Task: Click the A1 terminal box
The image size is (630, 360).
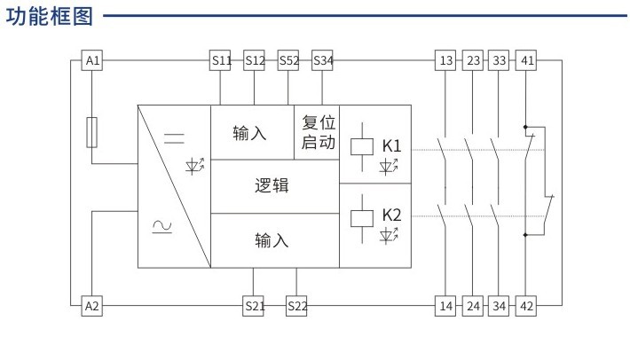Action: click(92, 60)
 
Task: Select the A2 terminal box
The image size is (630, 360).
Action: click(92, 306)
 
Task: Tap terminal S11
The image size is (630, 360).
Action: click(220, 60)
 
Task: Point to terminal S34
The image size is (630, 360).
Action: click(322, 60)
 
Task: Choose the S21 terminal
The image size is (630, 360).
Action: click(253, 306)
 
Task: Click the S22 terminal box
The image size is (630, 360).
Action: click(296, 306)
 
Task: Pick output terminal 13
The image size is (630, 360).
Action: click(445, 60)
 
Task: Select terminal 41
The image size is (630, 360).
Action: click(526, 60)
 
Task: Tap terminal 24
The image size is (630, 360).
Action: click(472, 306)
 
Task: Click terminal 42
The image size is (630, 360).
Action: click(526, 306)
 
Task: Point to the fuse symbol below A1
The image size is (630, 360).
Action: click(92, 132)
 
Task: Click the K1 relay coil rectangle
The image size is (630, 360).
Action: click(362, 146)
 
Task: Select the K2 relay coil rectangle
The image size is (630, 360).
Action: click(362, 218)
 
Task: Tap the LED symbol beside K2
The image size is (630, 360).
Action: click(389, 235)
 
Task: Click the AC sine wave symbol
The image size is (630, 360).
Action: click(161, 227)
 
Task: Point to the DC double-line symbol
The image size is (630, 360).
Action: click(174, 138)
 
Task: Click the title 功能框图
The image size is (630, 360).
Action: click(50, 17)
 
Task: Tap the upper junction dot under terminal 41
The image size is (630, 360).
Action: click(525, 127)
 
